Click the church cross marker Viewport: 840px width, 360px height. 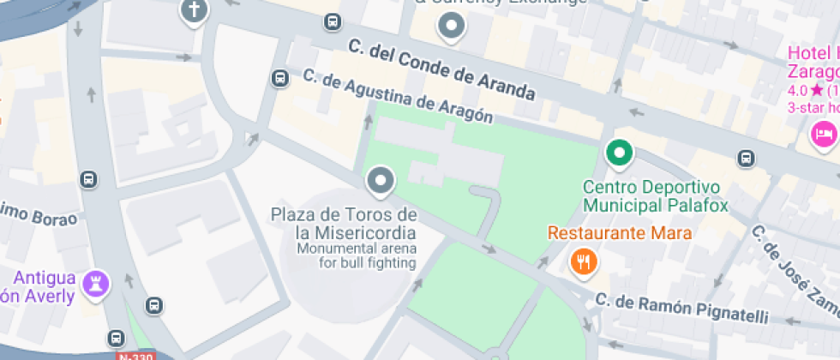tap(194, 11)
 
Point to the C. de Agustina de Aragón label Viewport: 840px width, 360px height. tap(398, 97)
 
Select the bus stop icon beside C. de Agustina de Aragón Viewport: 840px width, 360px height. tap(279, 78)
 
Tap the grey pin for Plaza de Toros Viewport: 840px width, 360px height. tap(380, 181)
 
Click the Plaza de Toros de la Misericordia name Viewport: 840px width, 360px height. tap(344, 223)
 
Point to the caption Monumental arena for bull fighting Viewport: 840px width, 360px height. tap(355, 255)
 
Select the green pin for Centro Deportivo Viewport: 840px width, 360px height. tap(618, 153)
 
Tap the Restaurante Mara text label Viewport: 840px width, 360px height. tap(620, 233)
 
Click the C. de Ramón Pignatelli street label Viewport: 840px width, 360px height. tap(682, 309)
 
